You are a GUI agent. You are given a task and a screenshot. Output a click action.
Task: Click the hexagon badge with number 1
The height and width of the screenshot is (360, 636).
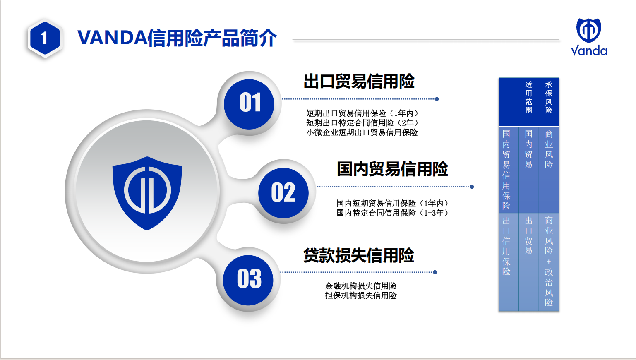[45, 38]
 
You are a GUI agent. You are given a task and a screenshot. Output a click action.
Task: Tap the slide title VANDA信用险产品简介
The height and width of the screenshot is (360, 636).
[177, 38]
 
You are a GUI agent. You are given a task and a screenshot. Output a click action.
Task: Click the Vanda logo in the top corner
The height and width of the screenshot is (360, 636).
[589, 37]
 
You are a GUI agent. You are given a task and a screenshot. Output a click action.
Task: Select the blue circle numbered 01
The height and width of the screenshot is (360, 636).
[249, 104]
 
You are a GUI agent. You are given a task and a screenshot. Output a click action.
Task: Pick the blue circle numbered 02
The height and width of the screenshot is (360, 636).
[283, 193]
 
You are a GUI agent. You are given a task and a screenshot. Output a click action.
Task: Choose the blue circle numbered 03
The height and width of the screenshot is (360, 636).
[248, 280]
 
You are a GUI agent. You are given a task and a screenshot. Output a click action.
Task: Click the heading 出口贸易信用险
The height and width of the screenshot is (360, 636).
[359, 82]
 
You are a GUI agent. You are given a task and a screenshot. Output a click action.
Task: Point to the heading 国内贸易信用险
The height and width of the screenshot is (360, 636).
[392, 169]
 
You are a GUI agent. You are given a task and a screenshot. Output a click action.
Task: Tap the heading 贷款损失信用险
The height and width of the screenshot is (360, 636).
[359, 255]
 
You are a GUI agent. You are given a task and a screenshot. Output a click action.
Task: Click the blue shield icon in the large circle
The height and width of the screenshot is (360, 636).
[147, 193]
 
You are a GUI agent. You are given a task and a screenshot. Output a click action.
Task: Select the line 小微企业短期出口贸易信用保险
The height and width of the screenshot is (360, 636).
[362, 132]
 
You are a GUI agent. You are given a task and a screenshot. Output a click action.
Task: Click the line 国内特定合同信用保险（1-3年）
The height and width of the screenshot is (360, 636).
[392, 213]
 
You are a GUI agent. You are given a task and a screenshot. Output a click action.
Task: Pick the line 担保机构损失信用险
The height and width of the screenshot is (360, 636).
[360, 295]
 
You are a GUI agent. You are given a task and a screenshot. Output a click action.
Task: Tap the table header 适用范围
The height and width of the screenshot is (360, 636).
[529, 97]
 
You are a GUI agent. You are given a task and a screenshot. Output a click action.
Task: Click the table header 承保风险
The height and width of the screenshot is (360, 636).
[549, 97]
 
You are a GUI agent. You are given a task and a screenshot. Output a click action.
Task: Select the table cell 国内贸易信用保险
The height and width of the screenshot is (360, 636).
[506, 170]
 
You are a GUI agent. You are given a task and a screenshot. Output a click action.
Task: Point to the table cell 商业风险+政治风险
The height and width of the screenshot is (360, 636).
[549, 261]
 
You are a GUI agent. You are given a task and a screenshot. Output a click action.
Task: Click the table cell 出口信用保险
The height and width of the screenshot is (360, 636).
[506, 246]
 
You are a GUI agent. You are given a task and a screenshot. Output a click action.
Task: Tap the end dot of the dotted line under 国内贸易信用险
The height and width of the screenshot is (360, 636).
[472, 187]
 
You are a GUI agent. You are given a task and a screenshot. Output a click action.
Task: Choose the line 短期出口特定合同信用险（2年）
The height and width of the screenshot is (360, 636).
[362, 123]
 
